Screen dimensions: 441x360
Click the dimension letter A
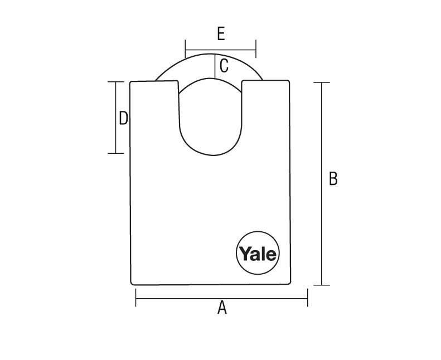point(222,307)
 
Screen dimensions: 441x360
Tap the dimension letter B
point(333,178)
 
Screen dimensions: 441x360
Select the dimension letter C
point(224,66)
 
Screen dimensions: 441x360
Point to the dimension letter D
point(123,118)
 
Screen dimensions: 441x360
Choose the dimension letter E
point(221,34)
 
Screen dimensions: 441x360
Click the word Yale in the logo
point(258,254)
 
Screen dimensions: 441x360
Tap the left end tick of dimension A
point(136,298)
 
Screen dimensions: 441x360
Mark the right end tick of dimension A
point(308,298)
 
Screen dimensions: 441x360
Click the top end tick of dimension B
point(322,82)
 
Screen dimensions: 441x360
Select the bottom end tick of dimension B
point(322,285)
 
